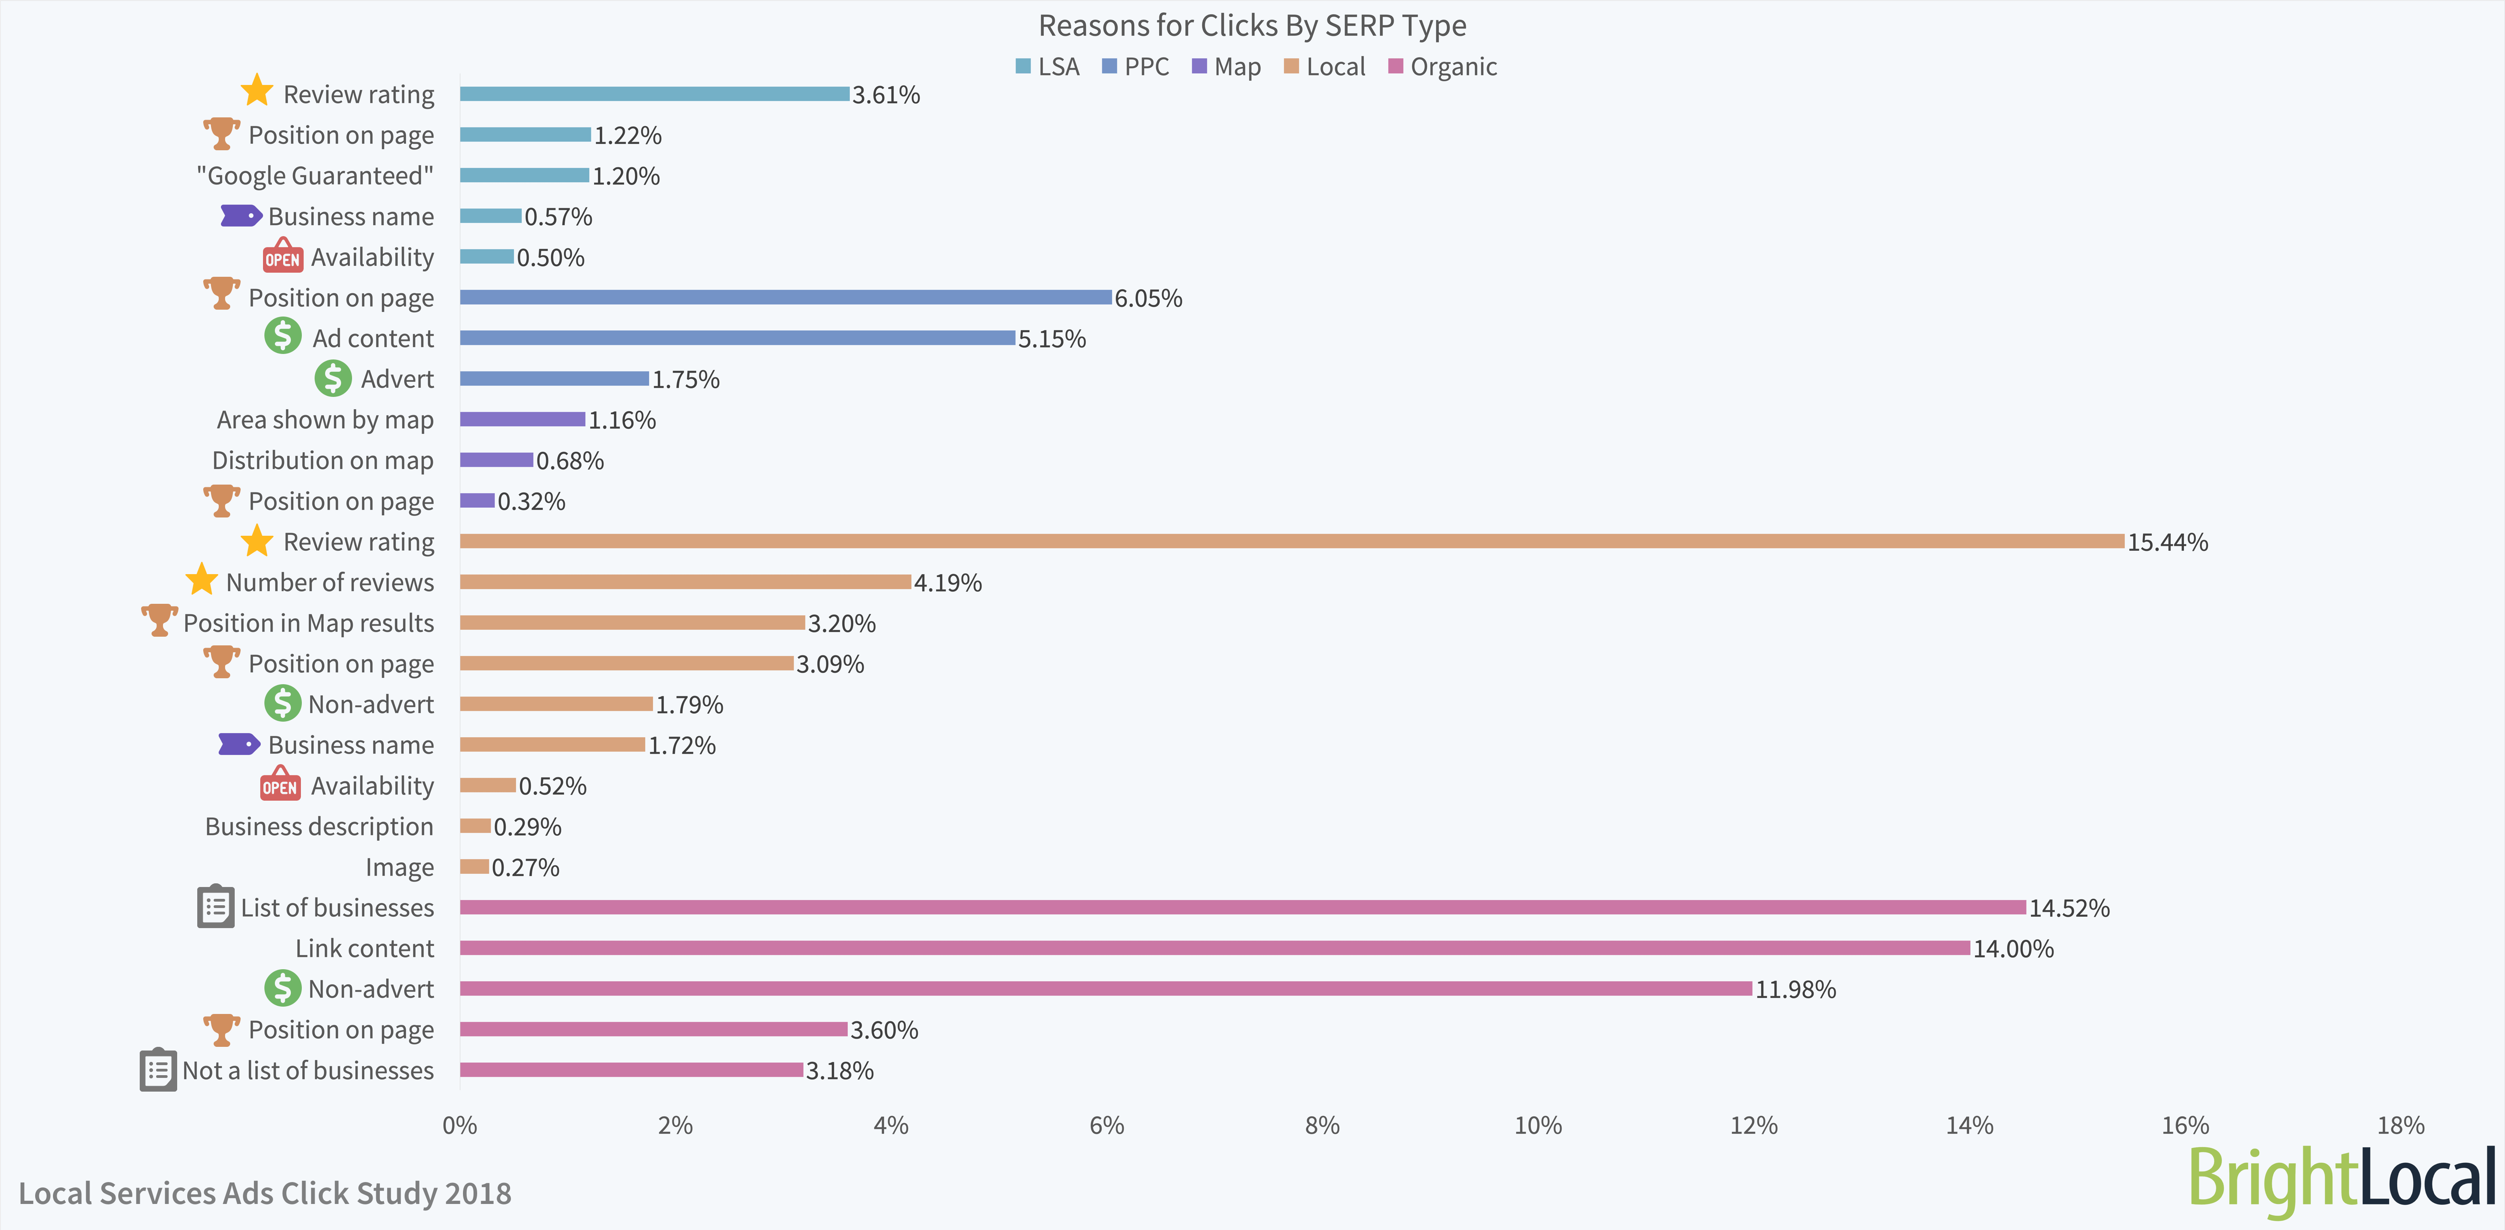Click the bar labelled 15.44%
tap(1291, 542)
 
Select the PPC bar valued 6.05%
tap(786, 297)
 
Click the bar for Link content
tap(1215, 948)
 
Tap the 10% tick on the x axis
tap(1537, 1126)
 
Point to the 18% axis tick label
tap(2400, 1126)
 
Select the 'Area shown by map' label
tap(325, 420)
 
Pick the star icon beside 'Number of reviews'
tap(201, 581)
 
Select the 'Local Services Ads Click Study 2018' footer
tap(264, 1193)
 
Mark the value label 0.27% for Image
tap(525, 867)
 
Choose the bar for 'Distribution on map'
tap(496, 460)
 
